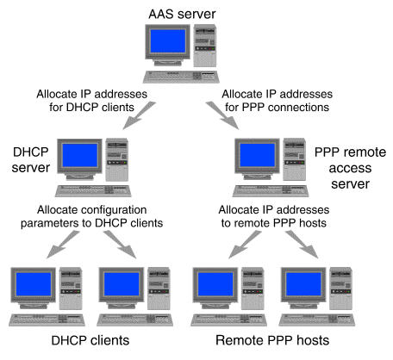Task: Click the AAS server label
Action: coord(182,14)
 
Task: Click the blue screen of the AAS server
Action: coord(168,41)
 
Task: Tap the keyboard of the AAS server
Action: coord(181,77)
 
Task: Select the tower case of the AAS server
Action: coord(205,46)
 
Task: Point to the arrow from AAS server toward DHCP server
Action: coord(139,115)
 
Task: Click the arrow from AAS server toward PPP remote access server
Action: coord(222,115)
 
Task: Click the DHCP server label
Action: coord(31,159)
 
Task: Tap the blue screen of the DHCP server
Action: coord(80,155)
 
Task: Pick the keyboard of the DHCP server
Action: coord(93,191)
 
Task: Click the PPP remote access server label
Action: coord(350,168)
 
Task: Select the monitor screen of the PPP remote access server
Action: coord(258,155)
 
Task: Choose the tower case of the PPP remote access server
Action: coord(294,159)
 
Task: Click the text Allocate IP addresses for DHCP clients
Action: coord(91,101)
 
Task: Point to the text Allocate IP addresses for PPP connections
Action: coord(277,101)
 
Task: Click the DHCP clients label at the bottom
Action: coord(90,340)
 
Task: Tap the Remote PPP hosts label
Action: coord(272,340)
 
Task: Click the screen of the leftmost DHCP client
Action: coord(34,284)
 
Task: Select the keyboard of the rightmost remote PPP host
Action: coord(316,320)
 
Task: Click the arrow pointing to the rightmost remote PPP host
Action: coord(302,245)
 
